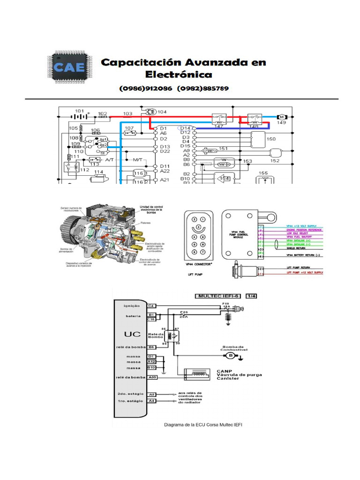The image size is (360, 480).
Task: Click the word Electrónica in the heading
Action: pos(179,75)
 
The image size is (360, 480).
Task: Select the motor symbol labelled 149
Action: pos(282,116)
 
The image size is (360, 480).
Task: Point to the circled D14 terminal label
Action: pos(185,127)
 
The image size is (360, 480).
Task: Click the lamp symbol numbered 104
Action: pos(150,112)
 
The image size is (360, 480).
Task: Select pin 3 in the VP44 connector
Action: pos(198,227)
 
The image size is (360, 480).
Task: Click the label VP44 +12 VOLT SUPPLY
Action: pos(302,226)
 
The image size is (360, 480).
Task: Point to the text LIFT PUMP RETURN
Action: pos(300,268)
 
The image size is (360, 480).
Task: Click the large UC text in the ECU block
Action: pos(130,335)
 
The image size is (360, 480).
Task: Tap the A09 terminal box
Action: pos(152,377)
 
